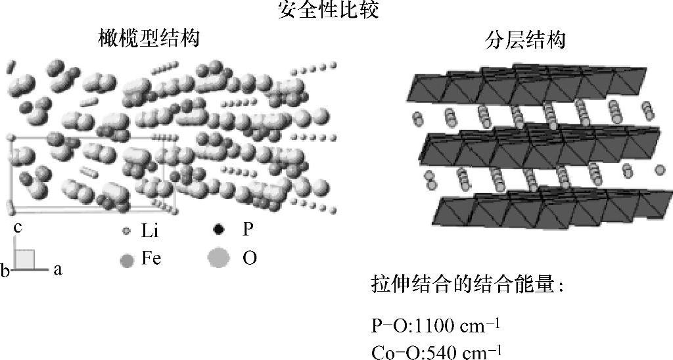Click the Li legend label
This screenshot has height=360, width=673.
[x=151, y=232]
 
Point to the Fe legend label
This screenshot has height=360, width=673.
[x=151, y=259]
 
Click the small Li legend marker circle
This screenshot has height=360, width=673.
[x=127, y=232]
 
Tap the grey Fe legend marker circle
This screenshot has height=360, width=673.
[x=127, y=260]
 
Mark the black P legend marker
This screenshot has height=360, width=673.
[x=220, y=230]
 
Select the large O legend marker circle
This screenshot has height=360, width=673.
[x=219, y=259]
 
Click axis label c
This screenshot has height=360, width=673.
[x=20, y=227]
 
